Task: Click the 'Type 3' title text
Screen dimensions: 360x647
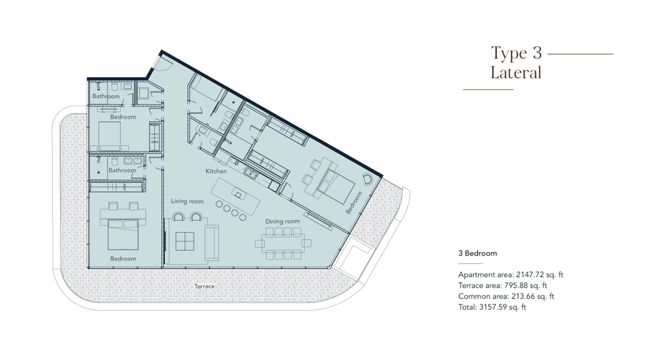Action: point(515,53)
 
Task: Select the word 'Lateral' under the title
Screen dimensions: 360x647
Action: point(515,72)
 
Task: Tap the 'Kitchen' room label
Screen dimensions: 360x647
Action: point(216,171)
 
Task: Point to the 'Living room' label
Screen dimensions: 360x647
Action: point(187,202)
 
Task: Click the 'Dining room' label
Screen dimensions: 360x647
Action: point(282,221)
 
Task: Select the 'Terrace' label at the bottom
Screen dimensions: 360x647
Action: point(204,286)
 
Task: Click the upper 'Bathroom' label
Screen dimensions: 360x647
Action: point(106,96)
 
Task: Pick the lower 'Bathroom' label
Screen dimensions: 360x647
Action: point(122,170)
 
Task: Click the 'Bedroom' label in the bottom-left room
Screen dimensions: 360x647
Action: point(123,259)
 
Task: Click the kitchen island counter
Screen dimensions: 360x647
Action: point(237,191)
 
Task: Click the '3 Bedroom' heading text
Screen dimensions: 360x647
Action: point(478,253)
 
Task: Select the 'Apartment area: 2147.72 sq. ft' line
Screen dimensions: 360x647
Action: point(511,275)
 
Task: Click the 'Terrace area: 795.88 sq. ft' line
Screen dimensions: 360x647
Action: point(503,286)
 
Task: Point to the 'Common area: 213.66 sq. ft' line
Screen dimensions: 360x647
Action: point(506,296)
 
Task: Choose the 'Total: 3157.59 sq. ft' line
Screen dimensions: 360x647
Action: point(492,307)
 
